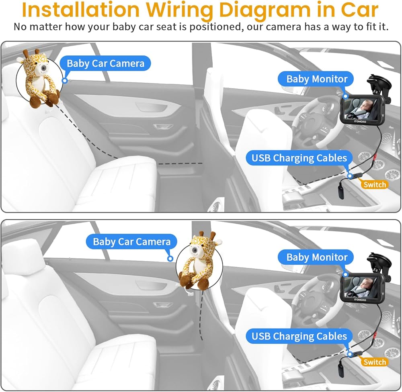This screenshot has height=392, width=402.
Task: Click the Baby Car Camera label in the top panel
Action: click(x=105, y=63)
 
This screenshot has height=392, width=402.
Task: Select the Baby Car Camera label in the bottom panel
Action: click(x=131, y=241)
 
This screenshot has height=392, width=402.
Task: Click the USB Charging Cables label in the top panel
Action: click(x=299, y=158)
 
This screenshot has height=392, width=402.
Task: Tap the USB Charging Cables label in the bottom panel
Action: click(x=299, y=336)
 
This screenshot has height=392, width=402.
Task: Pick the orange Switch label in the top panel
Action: click(x=375, y=184)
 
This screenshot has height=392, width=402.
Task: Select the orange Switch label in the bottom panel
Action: click(x=375, y=362)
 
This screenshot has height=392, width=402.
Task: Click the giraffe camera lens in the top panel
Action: click(x=43, y=69)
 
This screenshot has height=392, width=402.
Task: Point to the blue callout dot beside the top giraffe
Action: click(x=65, y=81)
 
